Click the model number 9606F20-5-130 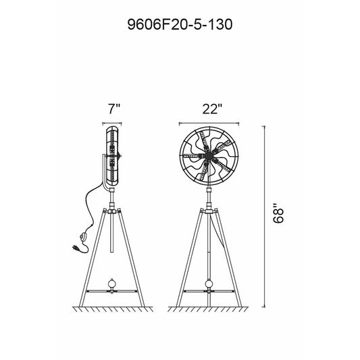click(x=180, y=24)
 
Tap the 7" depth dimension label click(x=114, y=109)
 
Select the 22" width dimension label click(x=212, y=109)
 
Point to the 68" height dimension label click(x=278, y=213)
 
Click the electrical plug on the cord click(x=76, y=248)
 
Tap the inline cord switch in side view click(x=83, y=237)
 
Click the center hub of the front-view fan click(x=209, y=156)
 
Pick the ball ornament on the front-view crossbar click(x=209, y=283)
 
